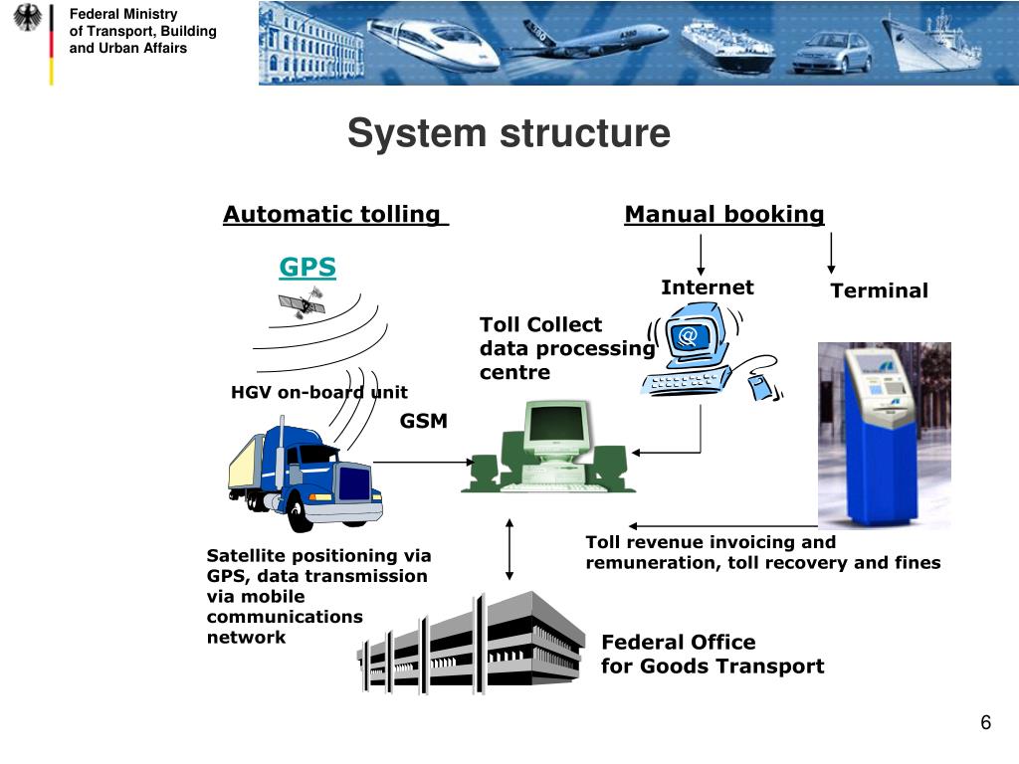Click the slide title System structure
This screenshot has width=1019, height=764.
pyautogui.click(x=509, y=134)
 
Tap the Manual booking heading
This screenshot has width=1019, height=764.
pyautogui.click(x=723, y=214)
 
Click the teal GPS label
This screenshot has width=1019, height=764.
pyautogui.click(x=307, y=268)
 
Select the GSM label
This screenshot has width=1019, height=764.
pyautogui.click(x=424, y=421)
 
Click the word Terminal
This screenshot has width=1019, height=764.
pyautogui.click(x=879, y=290)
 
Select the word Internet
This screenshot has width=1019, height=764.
pyautogui.click(x=707, y=287)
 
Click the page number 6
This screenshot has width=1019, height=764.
pyautogui.click(x=985, y=722)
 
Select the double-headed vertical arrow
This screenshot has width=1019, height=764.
pyautogui.click(x=510, y=548)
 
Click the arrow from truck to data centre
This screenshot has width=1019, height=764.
pyautogui.click(x=424, y=462)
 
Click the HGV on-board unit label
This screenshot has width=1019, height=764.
pyautogui.click(x=318, y=392)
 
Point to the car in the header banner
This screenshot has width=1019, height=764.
pyautogui.click(x=831, y=52)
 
